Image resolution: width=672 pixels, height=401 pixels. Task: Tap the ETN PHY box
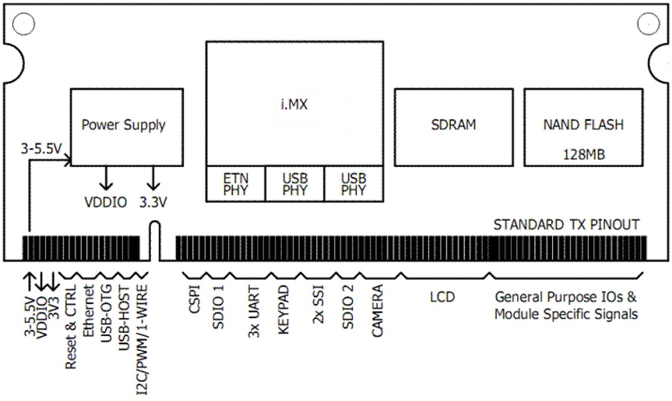coord(236,184)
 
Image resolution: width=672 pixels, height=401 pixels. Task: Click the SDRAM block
coord(454,124)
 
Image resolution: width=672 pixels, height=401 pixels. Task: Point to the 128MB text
coord(583,154)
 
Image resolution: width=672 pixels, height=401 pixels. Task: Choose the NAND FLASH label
coord(583,124)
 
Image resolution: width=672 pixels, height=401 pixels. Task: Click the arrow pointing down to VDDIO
coord(106,178)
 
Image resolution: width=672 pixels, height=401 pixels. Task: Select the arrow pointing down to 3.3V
coord(152,178)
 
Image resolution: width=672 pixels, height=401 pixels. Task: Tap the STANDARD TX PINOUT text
coord(566,224)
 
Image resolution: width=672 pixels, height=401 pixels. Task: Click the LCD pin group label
coord(442,297)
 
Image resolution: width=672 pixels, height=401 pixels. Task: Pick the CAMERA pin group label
coord(378,311)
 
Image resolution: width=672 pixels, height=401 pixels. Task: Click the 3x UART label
coord(253,314)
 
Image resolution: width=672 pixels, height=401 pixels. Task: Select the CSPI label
coord(194,300)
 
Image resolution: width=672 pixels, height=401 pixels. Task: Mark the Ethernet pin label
coord(88,311)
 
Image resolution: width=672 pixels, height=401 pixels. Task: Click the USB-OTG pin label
coord(106,313)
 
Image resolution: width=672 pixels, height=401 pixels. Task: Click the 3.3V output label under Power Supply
coord(152,202)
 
